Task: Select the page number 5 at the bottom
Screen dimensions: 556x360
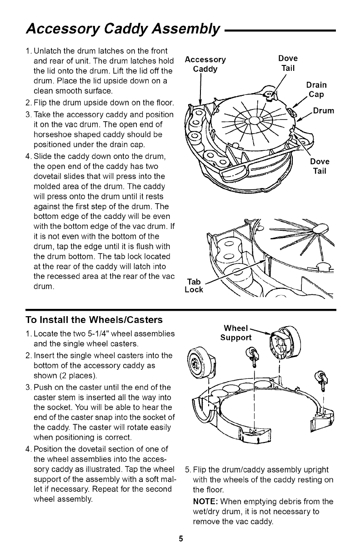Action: [180, 539]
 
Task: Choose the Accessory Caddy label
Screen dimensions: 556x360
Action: [205, 64]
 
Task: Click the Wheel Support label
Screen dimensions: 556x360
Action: [235, 333]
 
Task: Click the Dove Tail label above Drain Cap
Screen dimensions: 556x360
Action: [288, 63]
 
